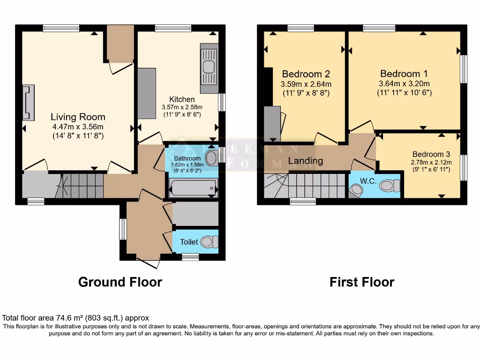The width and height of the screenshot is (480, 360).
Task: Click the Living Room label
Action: pyautogui.click(x=78, y=117)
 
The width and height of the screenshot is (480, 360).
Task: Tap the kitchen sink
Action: pyautogui.click(x=209, y=67)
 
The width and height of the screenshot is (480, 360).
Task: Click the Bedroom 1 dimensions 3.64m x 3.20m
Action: pyautogui.click(x=404, y=84)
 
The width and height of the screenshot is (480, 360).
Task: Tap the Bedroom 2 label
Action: pyautogui.click(x=306, y=74)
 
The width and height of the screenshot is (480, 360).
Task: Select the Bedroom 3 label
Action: pyautogui.click(x=431, y=154)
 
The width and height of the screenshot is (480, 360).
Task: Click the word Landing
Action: pyautogui.click(x=305, y=161)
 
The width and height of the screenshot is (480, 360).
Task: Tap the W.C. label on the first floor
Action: pyautogui.click(x=368, y=180)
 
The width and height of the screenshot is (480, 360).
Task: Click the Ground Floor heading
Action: pyautogui.click(x=120, y=282)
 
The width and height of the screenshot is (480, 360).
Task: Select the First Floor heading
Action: pyautogui.click(x=361, y=282)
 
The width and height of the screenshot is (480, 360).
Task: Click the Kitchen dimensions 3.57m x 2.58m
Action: pyautogui.click(x=182, y=107)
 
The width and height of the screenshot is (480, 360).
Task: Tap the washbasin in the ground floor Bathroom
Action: pyautogui.click(x=212, y=157)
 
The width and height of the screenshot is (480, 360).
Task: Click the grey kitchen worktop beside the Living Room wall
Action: pyautogui.click(x=147, y=93)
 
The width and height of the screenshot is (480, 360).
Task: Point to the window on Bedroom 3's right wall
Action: pyautogui.click(x=464, y=167)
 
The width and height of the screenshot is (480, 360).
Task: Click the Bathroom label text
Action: pyautogui.click(x=187, y=158)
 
